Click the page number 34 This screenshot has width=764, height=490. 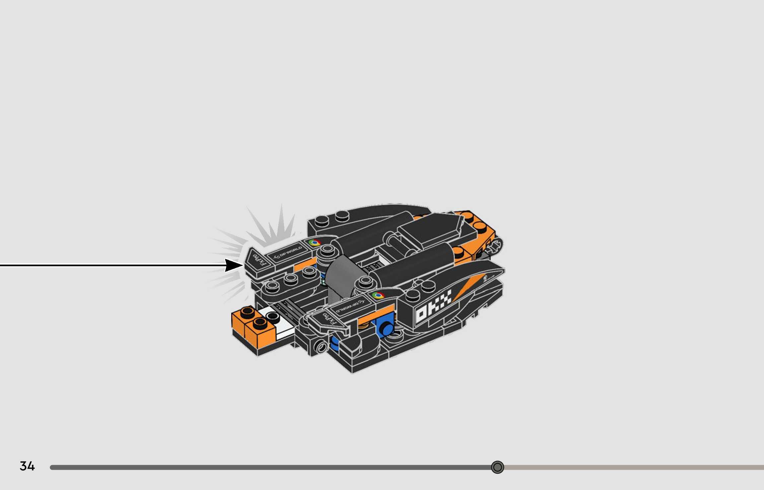tap(27, 466)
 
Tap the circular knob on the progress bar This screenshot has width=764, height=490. tap(497, 467)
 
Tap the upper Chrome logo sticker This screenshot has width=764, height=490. tap(314, 242)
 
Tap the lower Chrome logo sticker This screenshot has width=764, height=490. tap(378, 295)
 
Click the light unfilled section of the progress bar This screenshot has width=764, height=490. tap(630, 467)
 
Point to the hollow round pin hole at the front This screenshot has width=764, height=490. tap(321, 347)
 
